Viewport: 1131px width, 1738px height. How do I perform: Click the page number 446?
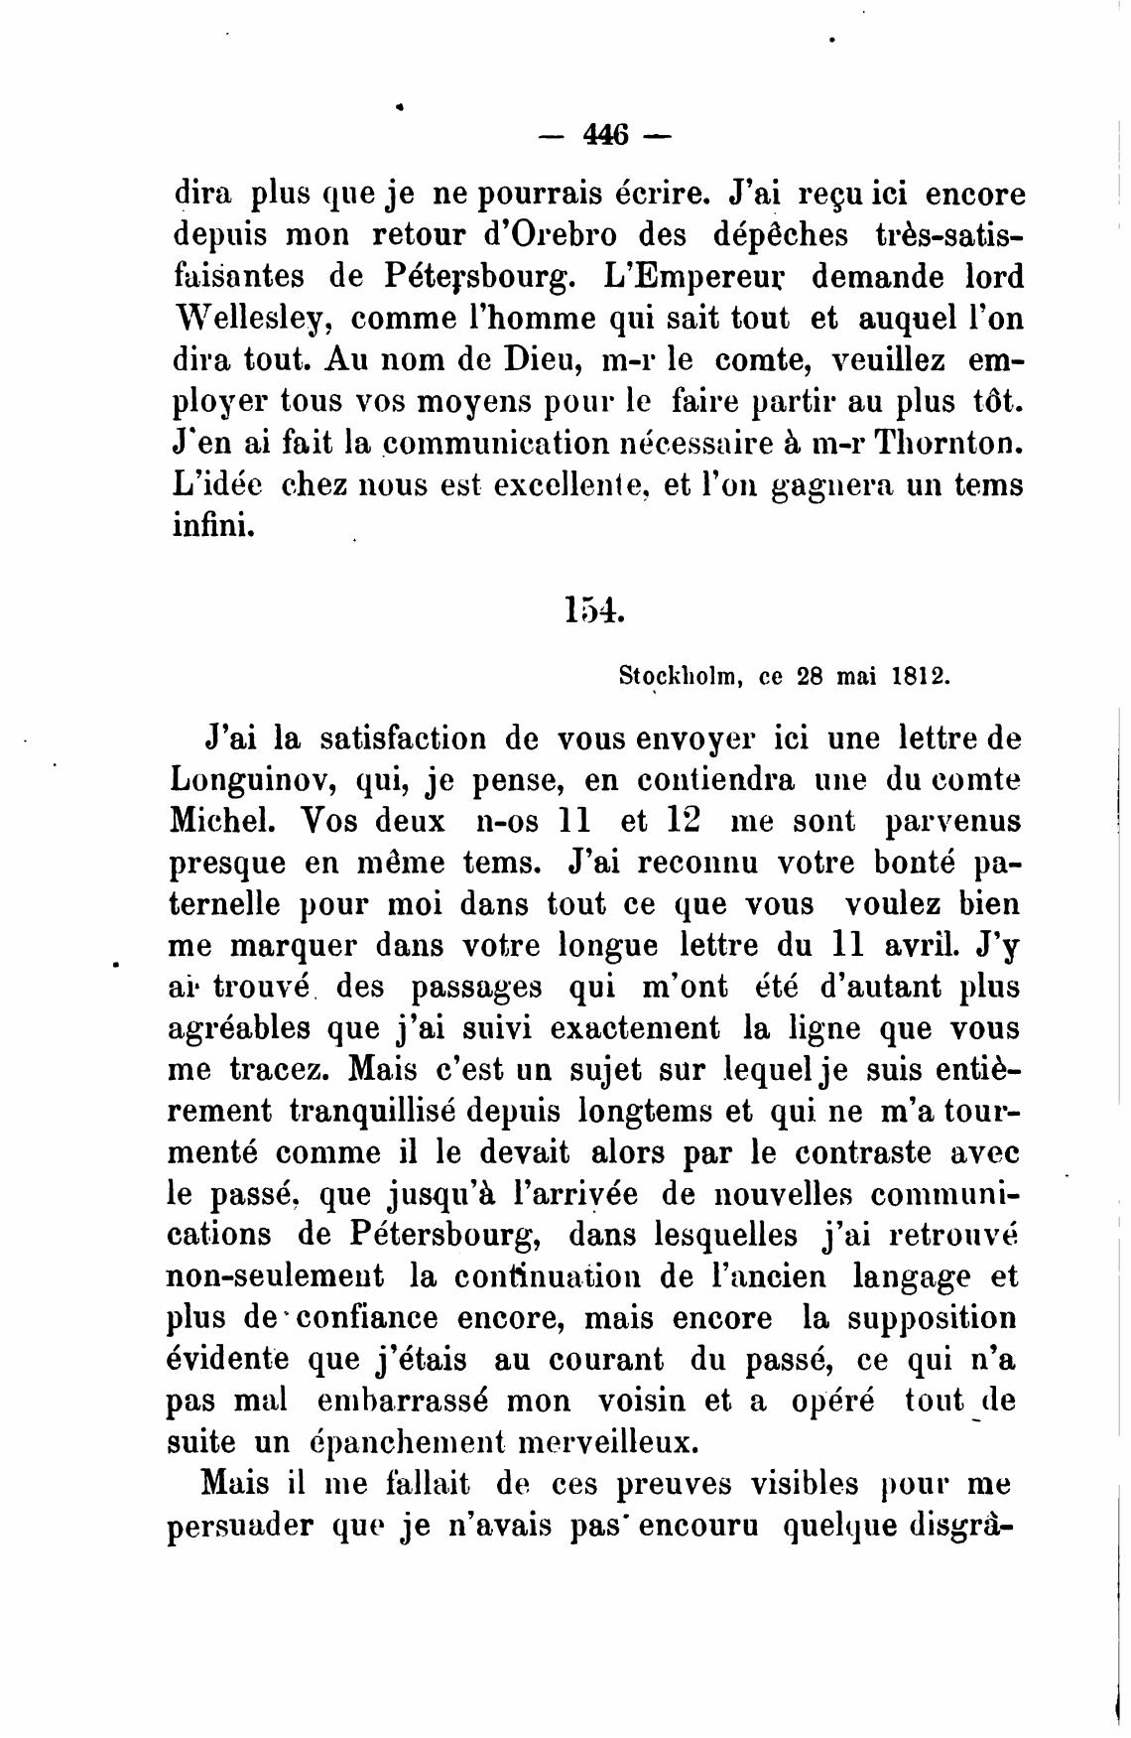[x=606, y=133]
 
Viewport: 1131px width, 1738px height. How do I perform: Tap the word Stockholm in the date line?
[x=682, y=677]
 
